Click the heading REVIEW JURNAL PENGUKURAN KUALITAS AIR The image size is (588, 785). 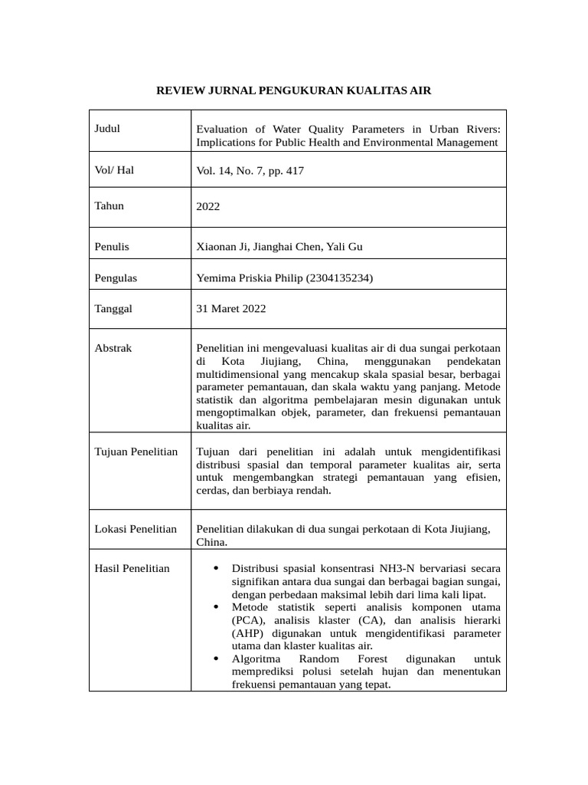pos(294,90)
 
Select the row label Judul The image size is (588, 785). pos(107,129)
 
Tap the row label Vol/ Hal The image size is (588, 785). pos(114,170)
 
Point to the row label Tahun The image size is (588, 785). pos(109,205)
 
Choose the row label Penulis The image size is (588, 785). pos(112,247)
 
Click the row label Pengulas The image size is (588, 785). pos(116,278)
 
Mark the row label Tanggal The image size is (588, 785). pos(113,308)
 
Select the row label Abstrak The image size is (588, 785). pos(113,348)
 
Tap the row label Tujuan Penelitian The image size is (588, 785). pos(136,452)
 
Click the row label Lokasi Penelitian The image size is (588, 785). pos(136,529)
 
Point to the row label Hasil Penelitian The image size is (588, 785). pos(132,568)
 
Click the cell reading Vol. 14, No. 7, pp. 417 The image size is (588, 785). pos(250,171)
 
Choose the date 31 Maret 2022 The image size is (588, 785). pos(231,309)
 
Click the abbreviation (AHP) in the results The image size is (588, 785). pos(247,633)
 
